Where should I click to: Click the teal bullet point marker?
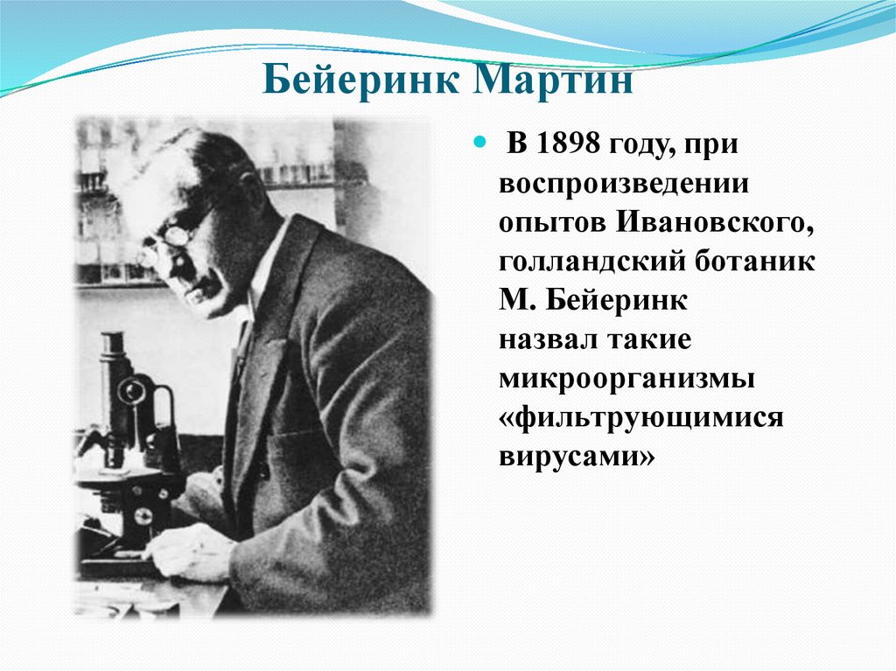click(x=478, y=140)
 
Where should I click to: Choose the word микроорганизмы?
click(x=627, y=378)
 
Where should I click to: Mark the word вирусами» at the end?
click(x=577, y=456)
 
